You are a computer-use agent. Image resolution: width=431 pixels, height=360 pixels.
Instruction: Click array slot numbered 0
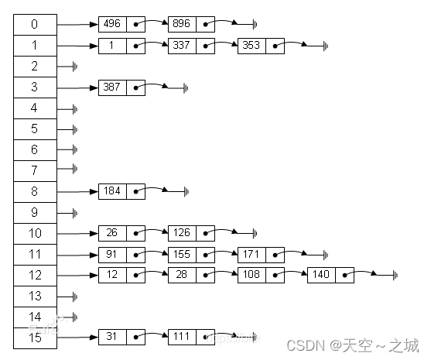pos(34,24)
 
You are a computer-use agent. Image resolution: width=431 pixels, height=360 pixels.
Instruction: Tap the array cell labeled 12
pos(34,274)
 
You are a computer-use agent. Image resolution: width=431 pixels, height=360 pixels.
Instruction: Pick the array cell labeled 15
pos(34,337)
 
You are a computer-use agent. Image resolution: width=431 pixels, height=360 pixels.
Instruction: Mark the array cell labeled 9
pos(34,211)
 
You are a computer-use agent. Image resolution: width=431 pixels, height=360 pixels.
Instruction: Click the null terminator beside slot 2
pos(74,67)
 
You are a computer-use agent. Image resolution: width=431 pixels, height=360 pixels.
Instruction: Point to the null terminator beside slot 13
pos(74,296)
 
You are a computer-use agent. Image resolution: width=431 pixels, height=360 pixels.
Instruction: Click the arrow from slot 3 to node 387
pos(77,87)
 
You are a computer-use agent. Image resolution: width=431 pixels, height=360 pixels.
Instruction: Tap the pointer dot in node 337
pos(205,46)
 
